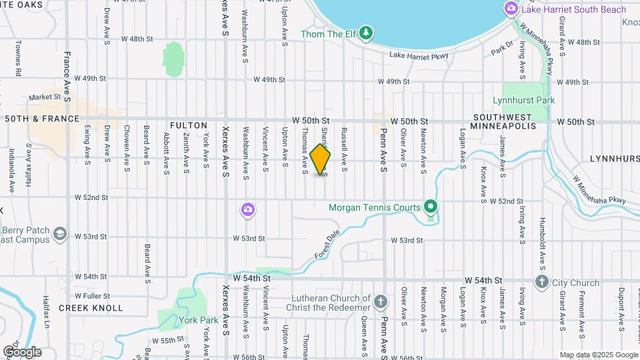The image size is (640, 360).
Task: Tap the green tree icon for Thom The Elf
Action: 365,33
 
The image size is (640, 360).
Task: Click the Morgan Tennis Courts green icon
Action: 431,207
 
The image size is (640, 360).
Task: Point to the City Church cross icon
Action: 541,282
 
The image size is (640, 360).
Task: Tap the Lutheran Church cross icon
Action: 380,303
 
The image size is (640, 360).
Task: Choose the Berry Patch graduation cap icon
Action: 60,233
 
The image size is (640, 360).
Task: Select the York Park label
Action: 199,320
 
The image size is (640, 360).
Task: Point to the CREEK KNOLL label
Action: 91,308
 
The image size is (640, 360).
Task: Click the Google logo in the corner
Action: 22,352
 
